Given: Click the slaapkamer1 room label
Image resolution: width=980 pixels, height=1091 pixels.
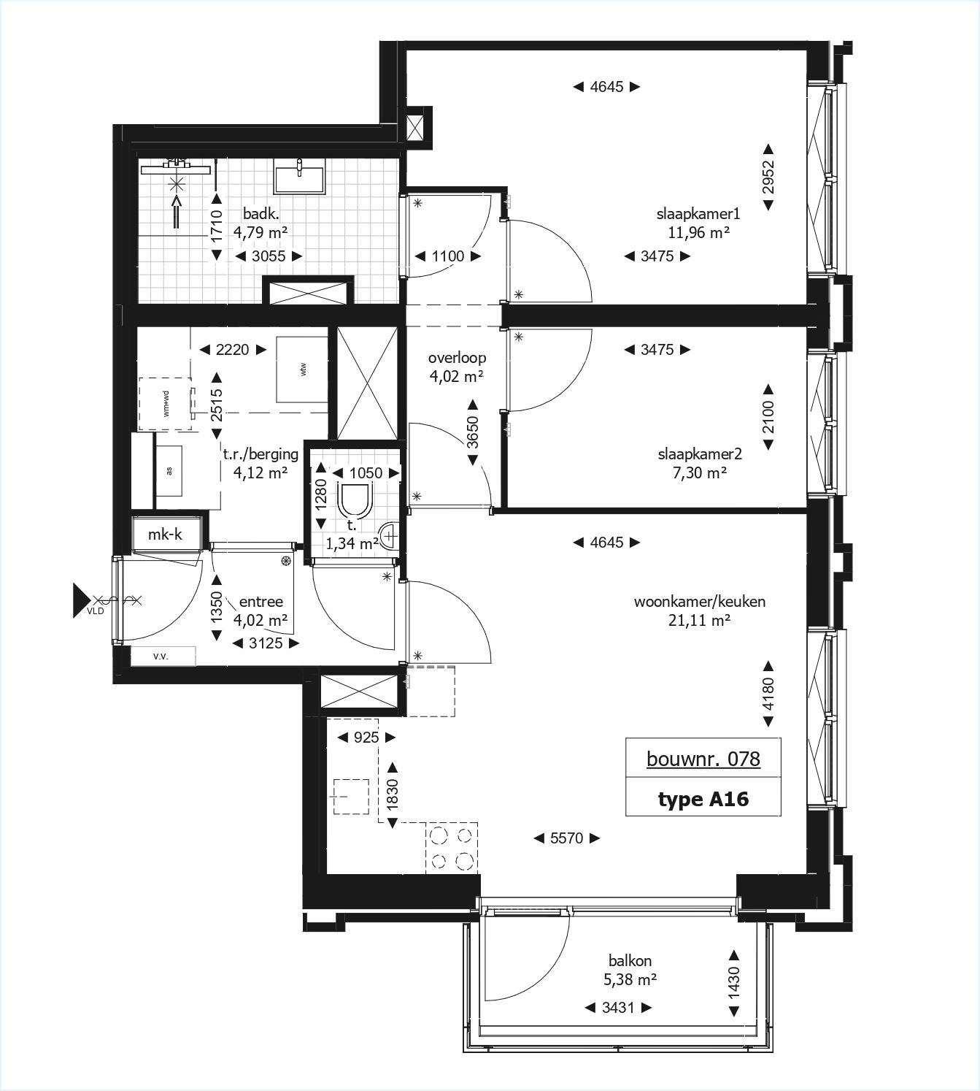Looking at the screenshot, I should point(698,214).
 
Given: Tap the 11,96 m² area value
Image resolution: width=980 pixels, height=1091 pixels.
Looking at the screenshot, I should point(698,233).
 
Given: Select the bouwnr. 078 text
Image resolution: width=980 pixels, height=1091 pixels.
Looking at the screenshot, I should point(703,759).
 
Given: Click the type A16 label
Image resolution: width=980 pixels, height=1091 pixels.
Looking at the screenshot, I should point(703,799).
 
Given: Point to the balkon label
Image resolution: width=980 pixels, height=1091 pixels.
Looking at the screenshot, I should point(630,961).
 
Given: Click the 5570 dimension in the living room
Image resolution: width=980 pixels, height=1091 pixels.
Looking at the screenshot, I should point(566,838).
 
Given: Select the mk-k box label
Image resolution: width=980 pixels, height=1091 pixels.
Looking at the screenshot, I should point(165,535).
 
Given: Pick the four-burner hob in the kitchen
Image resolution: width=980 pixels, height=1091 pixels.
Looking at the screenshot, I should point(451,847).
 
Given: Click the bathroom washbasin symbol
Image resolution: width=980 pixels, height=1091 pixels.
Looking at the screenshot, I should point(299,177).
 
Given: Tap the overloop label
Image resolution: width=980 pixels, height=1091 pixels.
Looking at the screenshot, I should point(457,358).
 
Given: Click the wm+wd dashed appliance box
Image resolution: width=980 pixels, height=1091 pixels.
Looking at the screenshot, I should point(166,403).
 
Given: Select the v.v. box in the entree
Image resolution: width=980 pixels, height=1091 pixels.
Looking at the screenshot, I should point(161,656).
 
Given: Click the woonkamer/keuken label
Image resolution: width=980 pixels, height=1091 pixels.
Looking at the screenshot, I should point(699,602).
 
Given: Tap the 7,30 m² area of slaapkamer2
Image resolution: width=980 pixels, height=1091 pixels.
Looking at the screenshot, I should point(699,472).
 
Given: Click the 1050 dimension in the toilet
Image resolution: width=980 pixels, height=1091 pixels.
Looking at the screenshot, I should point(366,472).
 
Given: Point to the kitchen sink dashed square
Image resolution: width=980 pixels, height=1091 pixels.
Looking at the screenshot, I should point(350,796).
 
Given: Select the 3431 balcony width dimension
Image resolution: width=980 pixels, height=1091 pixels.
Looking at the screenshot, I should point(617,1008).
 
